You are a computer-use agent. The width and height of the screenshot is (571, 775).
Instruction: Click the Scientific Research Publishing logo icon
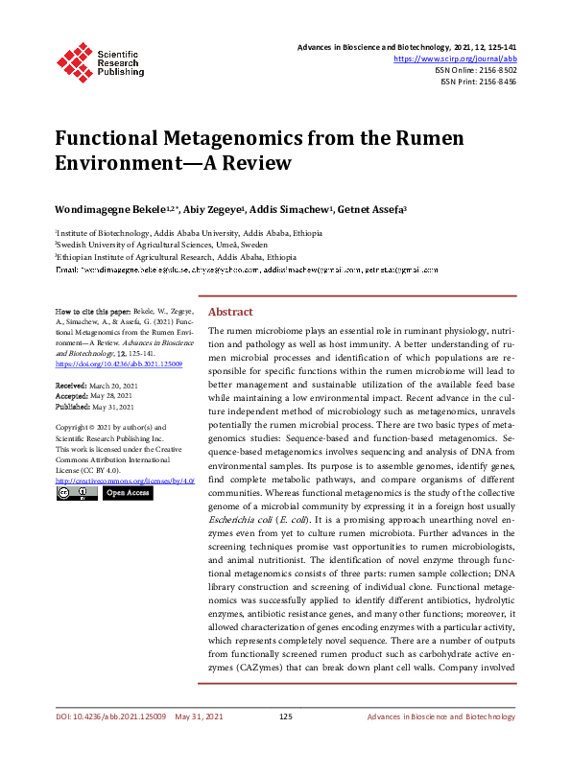[x=76, y=60]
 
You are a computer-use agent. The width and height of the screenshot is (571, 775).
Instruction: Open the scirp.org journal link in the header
[x=455, y=59]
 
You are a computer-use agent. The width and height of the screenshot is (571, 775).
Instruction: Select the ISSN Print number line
[x=478, y=82]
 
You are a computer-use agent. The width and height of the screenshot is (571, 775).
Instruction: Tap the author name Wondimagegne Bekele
[x=108, y=209]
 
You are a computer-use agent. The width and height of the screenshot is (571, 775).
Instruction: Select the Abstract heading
[x=230, y=313]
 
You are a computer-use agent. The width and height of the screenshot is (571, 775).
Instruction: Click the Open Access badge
[x=127, y=492]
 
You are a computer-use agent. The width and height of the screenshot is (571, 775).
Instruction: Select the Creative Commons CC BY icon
[x=76, y=492]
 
